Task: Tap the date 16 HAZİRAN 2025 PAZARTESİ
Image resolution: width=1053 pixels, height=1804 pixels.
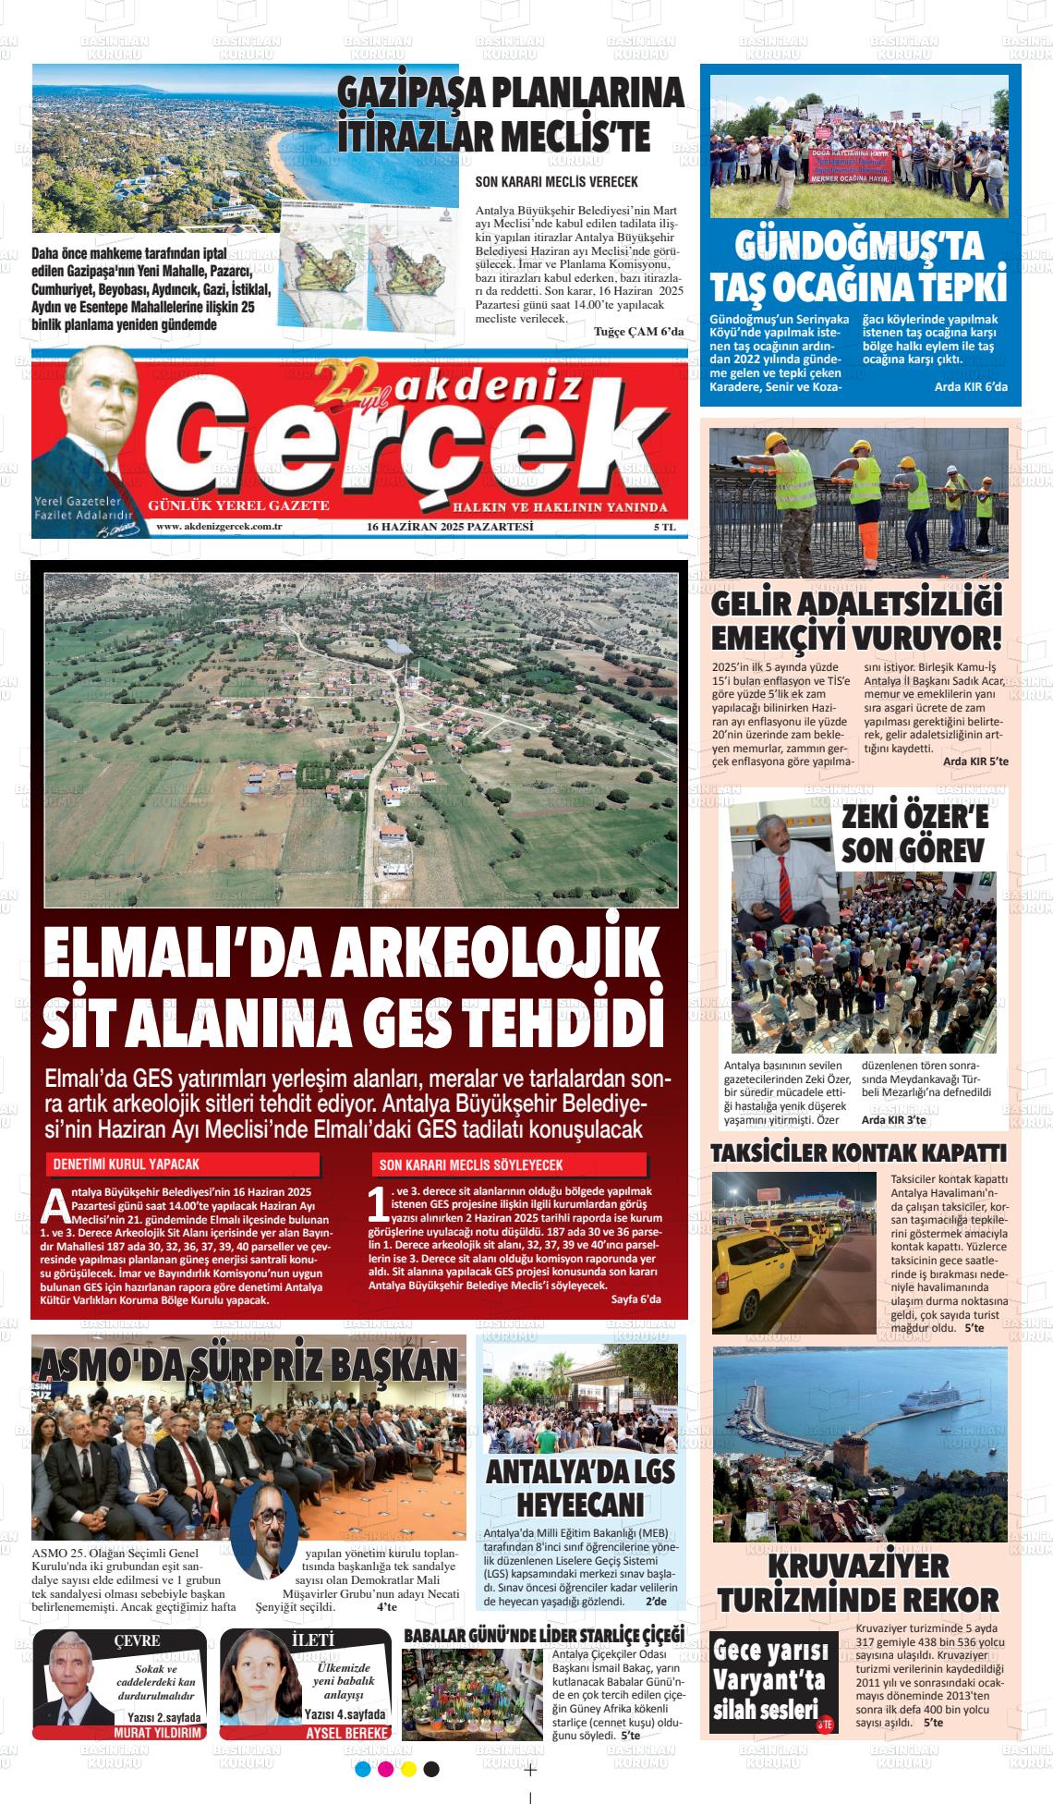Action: click(x=450, y=527)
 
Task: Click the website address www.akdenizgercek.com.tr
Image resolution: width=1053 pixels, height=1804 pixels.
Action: click(x=219, y=527)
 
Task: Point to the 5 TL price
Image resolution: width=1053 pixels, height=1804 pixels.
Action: click(x=664, y=527)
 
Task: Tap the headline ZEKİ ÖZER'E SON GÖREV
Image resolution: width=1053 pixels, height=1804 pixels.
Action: click(x=914, y=833)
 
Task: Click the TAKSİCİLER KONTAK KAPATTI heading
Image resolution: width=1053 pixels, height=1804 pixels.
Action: click(x=858, y=1153)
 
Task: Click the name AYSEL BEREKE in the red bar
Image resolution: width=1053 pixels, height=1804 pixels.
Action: click(x=347, y=1733)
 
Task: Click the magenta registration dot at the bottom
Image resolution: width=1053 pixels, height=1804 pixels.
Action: click(x=385, y=1769)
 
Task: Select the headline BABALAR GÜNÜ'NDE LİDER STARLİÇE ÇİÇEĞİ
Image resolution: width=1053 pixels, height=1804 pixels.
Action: click(x=544, y=1634)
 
